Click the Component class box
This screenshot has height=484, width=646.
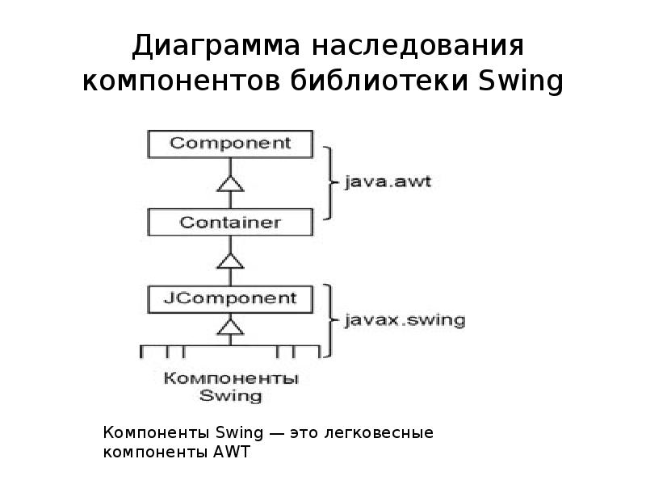pyautogui.click(x=230, y=144)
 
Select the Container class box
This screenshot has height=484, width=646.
pyautogui.click(x=230, y=222)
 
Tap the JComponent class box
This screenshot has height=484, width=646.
pyautogui.click(x=230, y=298)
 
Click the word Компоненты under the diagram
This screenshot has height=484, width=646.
pyautogui.click(x=230, y=378)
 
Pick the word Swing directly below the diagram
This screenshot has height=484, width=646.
pyautogui.click(x=230, y=395)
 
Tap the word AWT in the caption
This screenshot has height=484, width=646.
pyautogui.click(x=235, y=453)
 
